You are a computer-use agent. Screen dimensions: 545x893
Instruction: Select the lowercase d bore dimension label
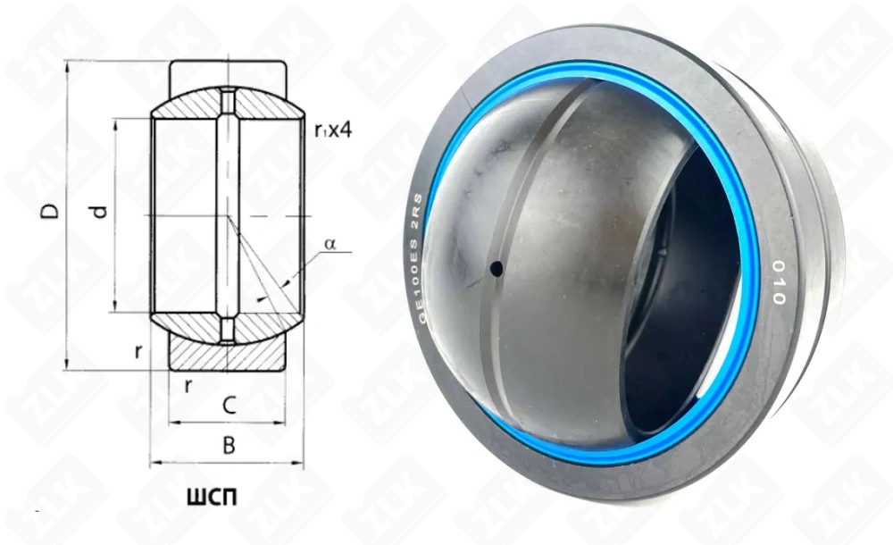coord(100,212)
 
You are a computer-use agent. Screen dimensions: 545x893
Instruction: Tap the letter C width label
coord(229,406)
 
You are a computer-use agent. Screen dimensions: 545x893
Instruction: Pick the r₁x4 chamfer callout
coord(334,130)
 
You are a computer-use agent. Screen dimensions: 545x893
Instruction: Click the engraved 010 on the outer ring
coord(776,282)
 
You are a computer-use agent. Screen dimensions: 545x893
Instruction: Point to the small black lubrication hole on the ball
coord(496,267)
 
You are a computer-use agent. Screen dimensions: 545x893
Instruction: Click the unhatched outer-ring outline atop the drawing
coord(228,71)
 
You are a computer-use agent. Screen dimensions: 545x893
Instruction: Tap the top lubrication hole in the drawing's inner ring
coord(228,102)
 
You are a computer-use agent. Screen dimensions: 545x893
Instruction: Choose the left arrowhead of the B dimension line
coord(154,463)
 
